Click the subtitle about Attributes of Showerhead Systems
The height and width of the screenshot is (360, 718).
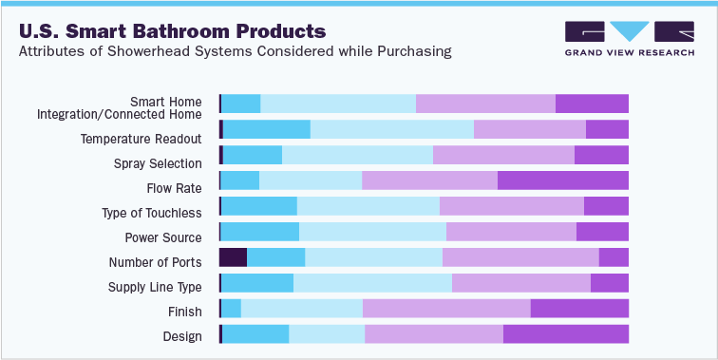click(235, 50)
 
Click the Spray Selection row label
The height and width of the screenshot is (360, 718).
click(158, 163)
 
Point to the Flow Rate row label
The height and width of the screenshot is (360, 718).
click(174, 188)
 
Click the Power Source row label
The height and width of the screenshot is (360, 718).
click(163, 237)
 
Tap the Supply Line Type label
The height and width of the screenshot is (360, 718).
click(155, 287)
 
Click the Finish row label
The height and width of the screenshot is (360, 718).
click(184, 312)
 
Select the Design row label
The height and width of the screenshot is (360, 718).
click(182, 336)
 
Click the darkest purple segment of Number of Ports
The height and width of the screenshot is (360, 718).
click(233, 257)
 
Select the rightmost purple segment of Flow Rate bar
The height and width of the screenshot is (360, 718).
click(562, 180)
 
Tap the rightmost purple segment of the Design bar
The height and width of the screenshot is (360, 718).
click(565, 333)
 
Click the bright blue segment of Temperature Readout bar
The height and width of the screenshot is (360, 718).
click(266, 130)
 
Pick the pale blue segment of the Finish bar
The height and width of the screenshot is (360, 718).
click(301, 308)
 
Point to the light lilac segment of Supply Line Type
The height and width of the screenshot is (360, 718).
click(520, 283)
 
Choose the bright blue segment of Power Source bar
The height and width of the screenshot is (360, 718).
click(259, 232)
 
